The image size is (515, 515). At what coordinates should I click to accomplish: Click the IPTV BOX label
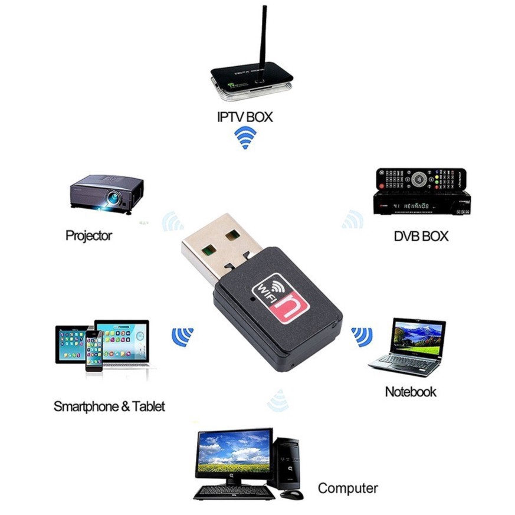[x=245, y=117]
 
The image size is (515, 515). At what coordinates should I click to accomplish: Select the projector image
[x=107, y=192]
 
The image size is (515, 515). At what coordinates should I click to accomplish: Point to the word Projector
[x=88, y=236]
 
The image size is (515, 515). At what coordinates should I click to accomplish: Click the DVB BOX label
[x=421, y=236]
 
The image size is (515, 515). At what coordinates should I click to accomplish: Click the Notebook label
[x=411, y=392]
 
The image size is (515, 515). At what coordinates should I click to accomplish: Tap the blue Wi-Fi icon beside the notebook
[x=362, y=337]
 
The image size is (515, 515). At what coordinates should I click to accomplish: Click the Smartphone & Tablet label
[x=109, y=406]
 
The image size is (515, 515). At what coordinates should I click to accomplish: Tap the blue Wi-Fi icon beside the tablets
[x=183, y=337]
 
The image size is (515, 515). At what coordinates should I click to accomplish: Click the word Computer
[x=347, y=488]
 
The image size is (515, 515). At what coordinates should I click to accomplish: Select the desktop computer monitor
[x=234, y=455]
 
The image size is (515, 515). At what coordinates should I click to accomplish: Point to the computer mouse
[x=291, y=494]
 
